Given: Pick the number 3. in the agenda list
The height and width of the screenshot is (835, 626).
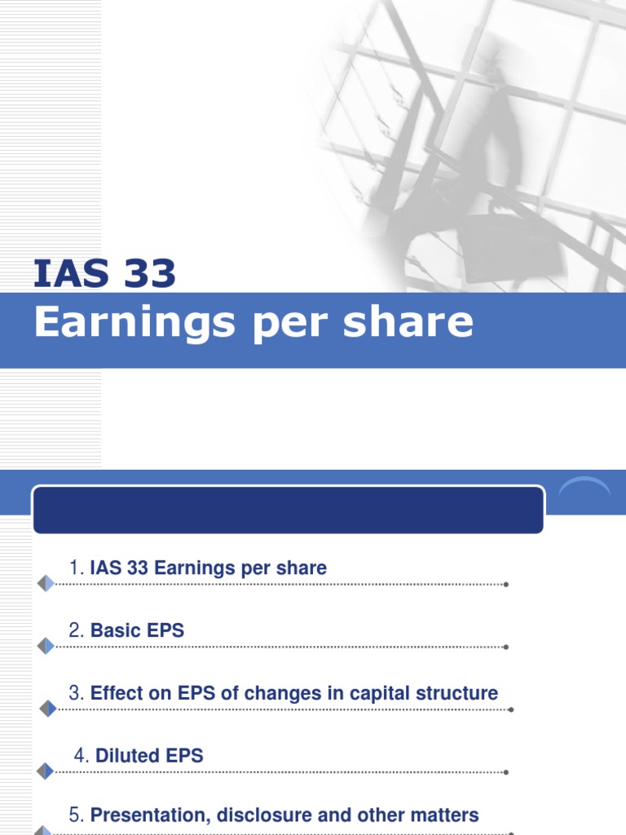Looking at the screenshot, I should [x=77, y=693].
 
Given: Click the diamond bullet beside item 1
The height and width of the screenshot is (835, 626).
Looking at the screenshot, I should [x=46, y=584].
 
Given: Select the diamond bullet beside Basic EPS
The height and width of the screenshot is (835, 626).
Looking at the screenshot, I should [x=46, y=647].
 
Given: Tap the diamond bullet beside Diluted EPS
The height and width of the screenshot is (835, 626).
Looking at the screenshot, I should [x=46, y=771].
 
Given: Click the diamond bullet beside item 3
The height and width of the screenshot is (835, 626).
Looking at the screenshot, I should [x=46, y=709].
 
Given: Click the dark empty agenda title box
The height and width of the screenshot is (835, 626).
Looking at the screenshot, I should [x=288, y=510].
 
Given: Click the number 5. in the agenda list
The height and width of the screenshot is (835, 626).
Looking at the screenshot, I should [x=77, y=815].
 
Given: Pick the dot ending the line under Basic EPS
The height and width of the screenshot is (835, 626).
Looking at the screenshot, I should [x=507, y=647].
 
